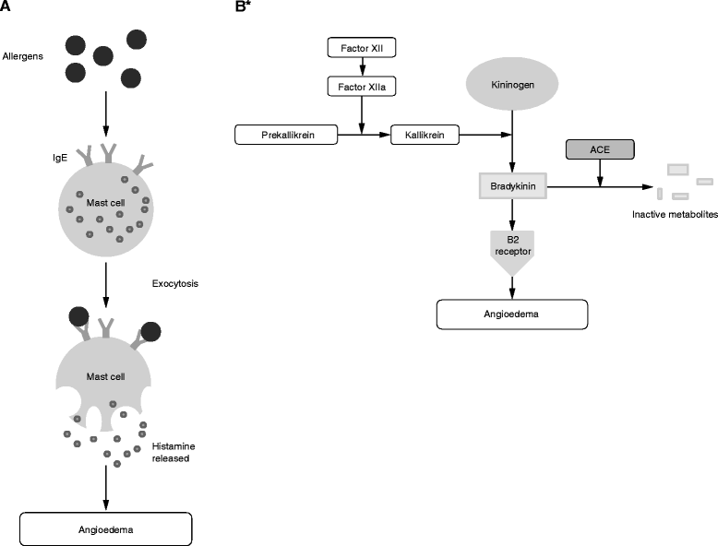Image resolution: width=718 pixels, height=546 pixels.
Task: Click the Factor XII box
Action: coord(362,44)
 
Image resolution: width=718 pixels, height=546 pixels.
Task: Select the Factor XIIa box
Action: coord(362,87)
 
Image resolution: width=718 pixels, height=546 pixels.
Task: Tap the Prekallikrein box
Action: coord(287,136)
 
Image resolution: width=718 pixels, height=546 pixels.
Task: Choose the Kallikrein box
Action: coord(425,136)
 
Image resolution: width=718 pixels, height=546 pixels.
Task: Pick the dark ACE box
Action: coord(601,149)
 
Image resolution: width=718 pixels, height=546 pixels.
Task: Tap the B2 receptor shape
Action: coord(512,253)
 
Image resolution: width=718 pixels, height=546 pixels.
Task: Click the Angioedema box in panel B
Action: coord(511,314)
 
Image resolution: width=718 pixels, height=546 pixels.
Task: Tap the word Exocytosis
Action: coord(175,282)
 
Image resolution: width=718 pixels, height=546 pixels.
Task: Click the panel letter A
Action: coord(6,6)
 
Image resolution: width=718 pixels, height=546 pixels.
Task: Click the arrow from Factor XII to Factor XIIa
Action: coord(362,65)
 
